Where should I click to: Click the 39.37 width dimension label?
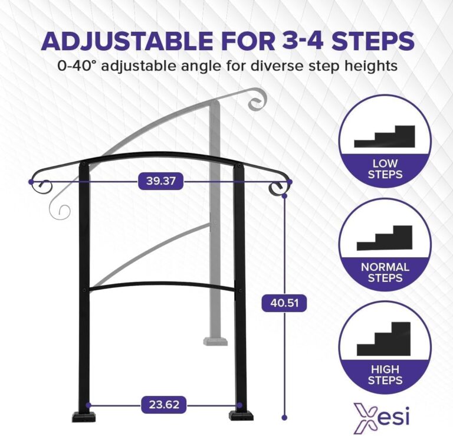(161, 182)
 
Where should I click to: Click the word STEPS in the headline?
(375, 41)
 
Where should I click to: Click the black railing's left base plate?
(84, 417)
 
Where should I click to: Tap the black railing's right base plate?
(241, 417)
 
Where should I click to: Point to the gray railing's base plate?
(216, 340)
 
